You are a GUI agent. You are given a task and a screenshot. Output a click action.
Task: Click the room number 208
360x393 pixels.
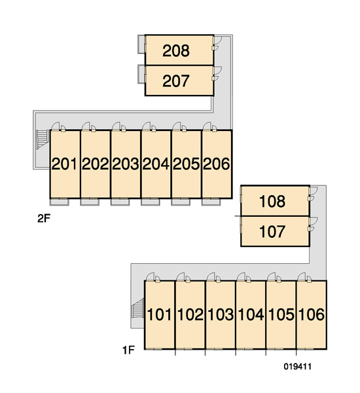[x=176, y=50]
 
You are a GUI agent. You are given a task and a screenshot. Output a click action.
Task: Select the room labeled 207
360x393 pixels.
[x=176, y=81]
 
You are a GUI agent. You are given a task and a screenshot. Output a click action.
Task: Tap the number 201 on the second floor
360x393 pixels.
[x=64, y=164]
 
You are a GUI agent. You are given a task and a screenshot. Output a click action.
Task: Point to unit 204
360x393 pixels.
[x=156, y=164]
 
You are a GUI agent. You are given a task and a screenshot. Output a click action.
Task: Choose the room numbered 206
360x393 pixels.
[x=217, y=164]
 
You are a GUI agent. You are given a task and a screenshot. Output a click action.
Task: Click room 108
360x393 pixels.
[x=272, y=201]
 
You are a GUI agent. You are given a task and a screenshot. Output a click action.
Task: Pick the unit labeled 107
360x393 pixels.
[x=272, y=232]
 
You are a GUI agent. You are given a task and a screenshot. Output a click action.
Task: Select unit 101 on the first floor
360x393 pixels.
[x=159, y=314]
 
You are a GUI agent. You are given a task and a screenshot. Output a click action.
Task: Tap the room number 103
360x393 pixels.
[x=221, y=314]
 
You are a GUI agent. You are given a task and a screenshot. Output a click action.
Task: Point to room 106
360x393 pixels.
[x=312, y=314]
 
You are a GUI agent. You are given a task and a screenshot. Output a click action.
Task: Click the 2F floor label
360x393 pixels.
[x=44, y=219]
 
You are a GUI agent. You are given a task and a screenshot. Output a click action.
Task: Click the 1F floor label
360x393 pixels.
[x=128, y=350]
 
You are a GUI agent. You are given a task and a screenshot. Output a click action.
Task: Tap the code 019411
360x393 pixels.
[x=298, y=367]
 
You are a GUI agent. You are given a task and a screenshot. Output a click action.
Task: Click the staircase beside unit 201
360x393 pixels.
[x=43, y=140]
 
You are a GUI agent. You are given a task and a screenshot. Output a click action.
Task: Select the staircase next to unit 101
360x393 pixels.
[x=138, y=308]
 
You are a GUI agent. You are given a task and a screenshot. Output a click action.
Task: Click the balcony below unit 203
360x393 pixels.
[x=120, y=202]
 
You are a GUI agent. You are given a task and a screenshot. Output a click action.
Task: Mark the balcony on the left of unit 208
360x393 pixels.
[x=141, y=44]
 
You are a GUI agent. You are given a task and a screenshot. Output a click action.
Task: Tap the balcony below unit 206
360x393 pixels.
[x=211, y=202]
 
